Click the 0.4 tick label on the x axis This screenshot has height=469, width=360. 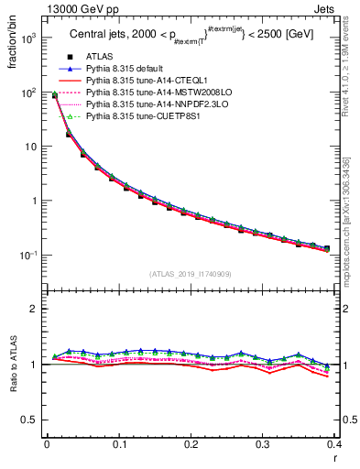[x=333, y=445]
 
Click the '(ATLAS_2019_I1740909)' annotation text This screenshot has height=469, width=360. [x=191, y=274]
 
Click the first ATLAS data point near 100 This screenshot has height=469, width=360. [x=54, y=96]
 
